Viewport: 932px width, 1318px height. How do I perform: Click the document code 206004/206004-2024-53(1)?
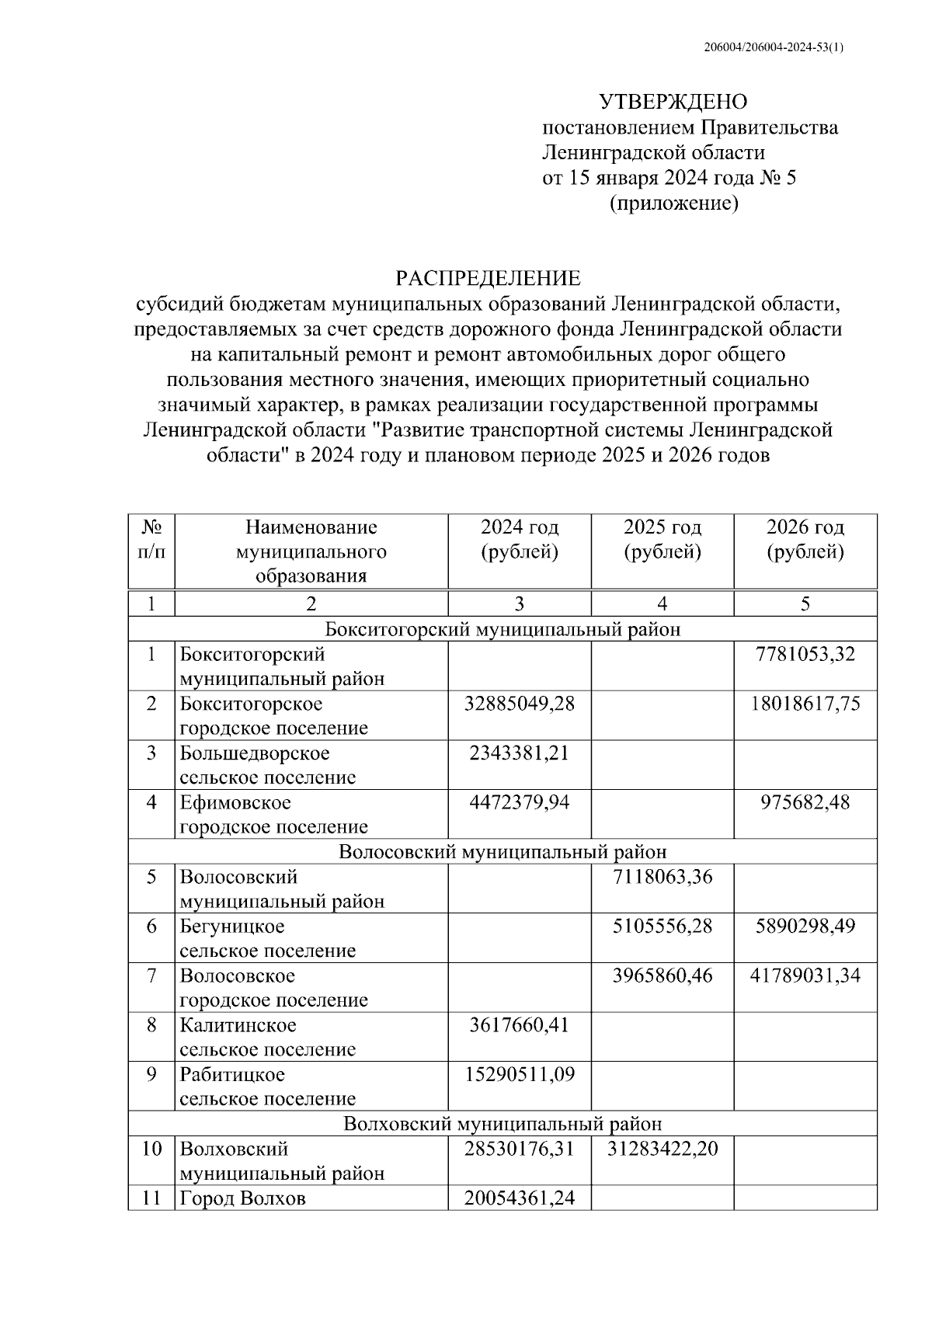(x=773, y=47)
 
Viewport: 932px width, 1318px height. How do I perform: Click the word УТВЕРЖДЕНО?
(x=673, y=102)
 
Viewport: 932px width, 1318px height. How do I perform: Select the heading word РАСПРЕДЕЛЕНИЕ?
(x=488, y=278)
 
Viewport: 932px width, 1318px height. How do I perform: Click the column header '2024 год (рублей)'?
(x=519, y=540)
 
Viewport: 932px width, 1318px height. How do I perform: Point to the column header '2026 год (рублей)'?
(x=805, y=540)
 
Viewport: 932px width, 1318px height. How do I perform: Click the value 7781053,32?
(x=805, y=654)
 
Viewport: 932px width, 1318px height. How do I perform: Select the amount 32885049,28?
(x=519, y=704)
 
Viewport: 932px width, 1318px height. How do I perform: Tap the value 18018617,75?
(x=805, y=704)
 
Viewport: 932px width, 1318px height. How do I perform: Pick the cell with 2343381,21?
(x=519, y=753)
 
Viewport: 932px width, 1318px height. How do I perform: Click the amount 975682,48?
(x=805, y=802)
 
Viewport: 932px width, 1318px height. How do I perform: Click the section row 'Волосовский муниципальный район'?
(x=503, y=852)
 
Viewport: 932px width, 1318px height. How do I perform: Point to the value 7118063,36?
(x=662, y=877)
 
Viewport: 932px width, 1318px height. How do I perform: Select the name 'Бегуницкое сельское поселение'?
(x=267, y=938)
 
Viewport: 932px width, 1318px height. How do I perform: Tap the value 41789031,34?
(x=805, y=975)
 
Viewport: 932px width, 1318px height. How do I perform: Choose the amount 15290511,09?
(x=519, y=1075)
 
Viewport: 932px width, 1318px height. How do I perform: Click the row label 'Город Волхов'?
(x=242, y=1198)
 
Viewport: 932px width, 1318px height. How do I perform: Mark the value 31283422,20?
(x=662, y=1148)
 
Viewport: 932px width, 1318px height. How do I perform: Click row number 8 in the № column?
(x=151, y=1025)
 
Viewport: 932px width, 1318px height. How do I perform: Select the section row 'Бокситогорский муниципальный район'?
(x=503, y=629)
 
